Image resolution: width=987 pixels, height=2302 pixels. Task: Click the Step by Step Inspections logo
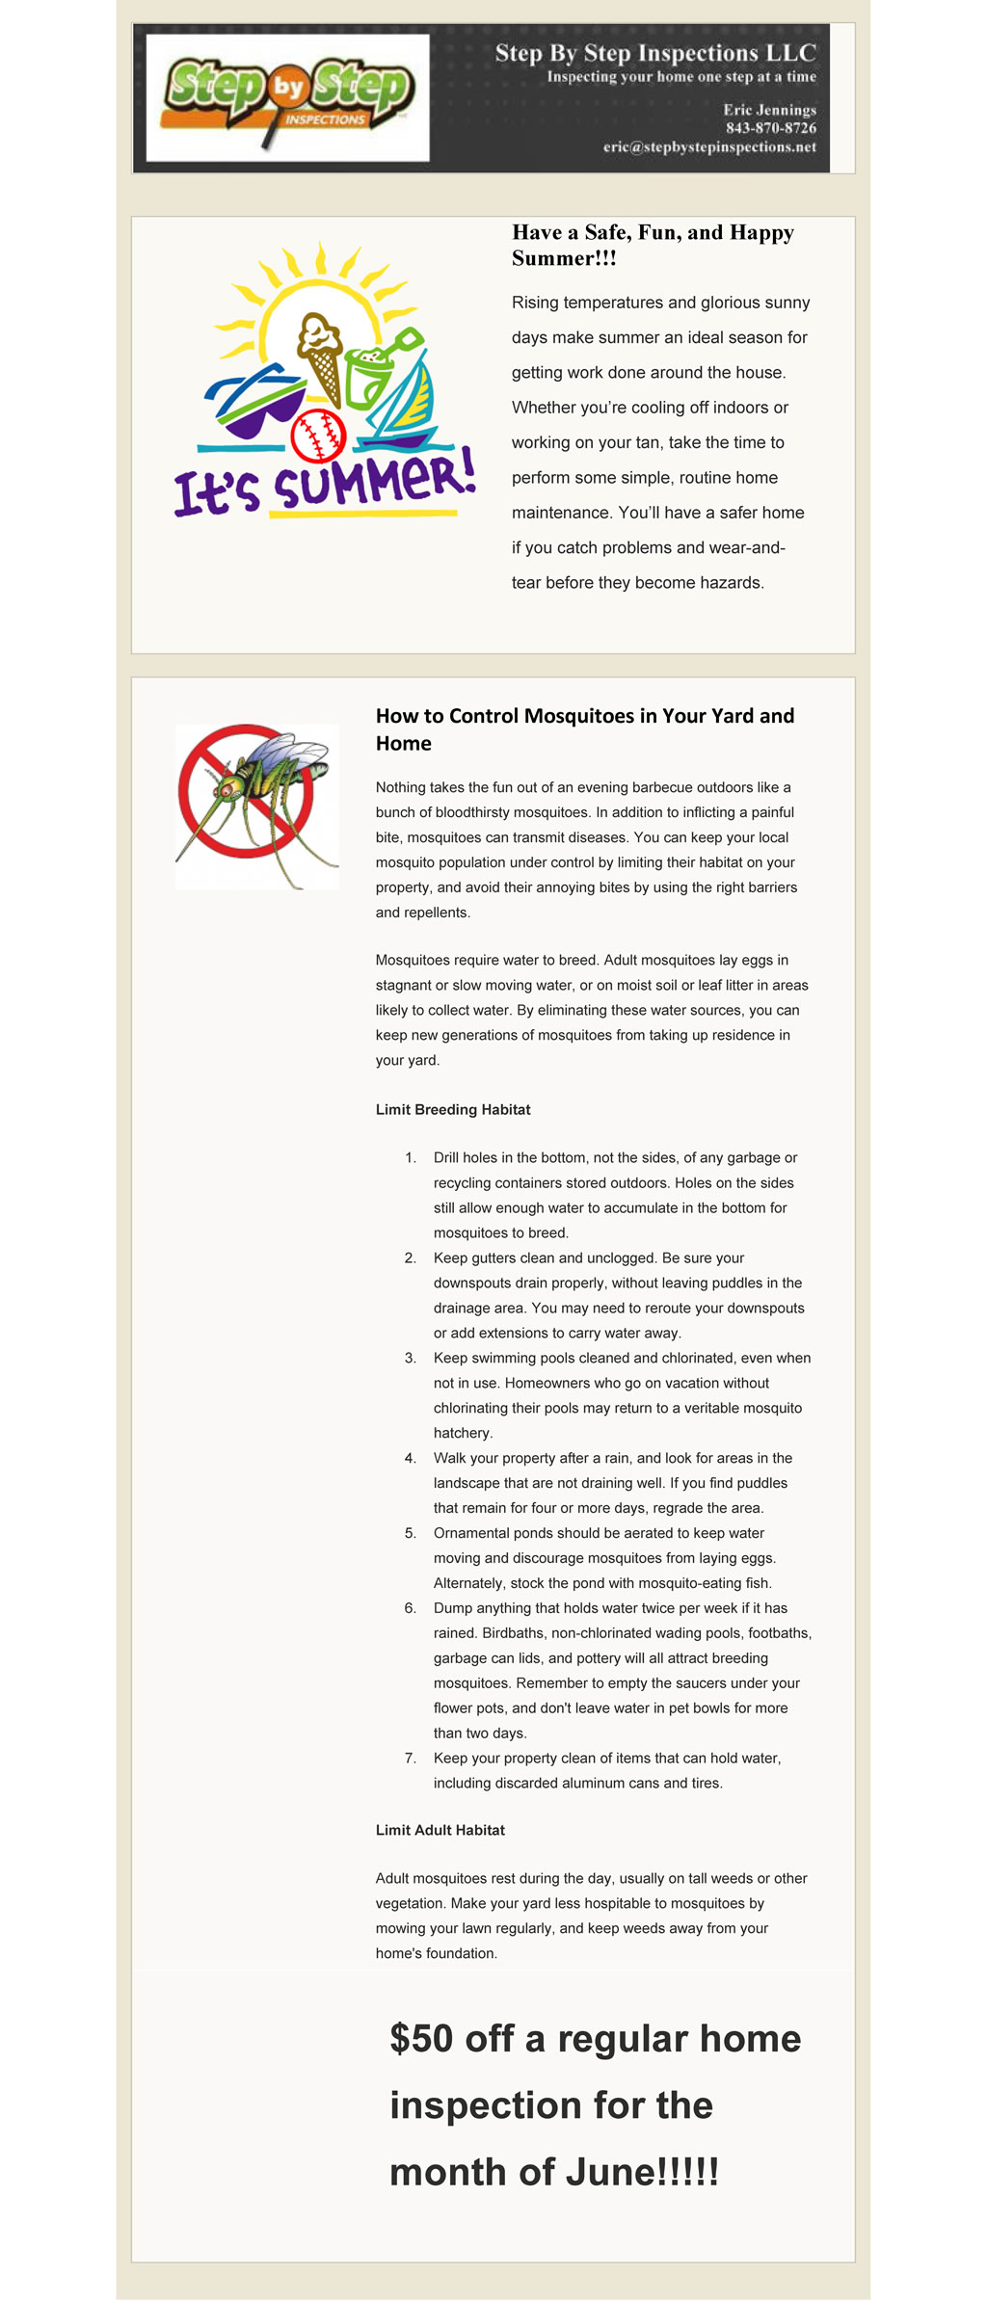[287, 96]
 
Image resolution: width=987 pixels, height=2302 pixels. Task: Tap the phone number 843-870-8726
[770, 128]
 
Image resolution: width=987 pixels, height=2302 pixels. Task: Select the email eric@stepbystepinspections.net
[709, 147]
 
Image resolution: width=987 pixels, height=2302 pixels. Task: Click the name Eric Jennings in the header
[769, 110]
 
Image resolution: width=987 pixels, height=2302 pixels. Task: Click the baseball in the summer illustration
[317, 436]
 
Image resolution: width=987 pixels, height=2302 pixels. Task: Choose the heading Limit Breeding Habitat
[453, 1109]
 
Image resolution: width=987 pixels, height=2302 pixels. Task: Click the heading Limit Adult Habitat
[440, 1830]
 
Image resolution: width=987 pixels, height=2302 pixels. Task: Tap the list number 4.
[411, 1458]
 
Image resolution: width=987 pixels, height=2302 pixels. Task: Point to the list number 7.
[411, 1759]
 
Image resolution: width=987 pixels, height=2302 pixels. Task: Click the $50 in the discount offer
[421, 2038]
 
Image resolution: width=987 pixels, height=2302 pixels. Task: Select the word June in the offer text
[609, 2173]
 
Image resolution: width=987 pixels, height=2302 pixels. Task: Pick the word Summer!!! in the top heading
[564, 258]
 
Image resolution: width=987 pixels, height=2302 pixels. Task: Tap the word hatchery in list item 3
[463, 1433]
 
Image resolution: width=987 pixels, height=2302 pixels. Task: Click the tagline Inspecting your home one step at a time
[681, 77]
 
